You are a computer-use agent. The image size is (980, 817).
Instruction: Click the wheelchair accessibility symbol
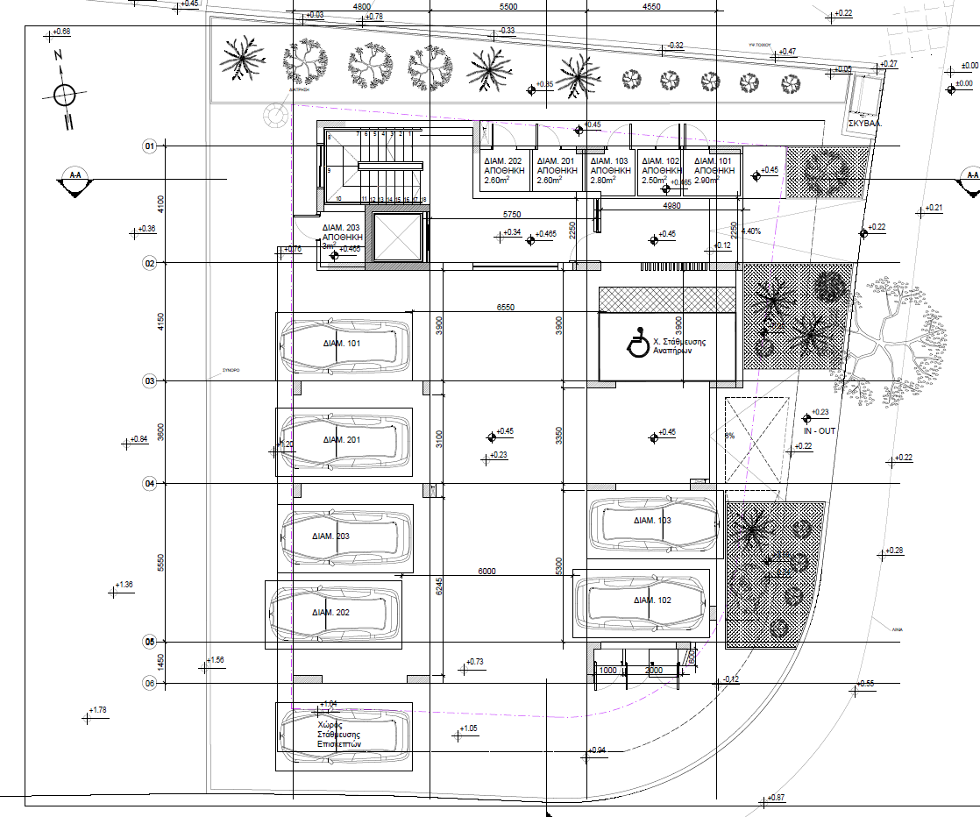coord(639,343)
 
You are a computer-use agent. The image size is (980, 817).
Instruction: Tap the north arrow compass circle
coord(64,94)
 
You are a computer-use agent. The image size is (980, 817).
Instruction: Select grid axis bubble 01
coord(149,146)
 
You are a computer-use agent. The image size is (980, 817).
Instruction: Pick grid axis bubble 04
coord(149,483)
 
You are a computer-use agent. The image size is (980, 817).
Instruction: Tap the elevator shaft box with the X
coord(398,237)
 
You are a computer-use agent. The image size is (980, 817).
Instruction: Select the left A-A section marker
coord(75,175)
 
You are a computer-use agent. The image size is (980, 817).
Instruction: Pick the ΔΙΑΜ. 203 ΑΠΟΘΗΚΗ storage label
coord(337,238)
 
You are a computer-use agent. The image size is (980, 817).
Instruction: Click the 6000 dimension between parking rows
coord(487,571)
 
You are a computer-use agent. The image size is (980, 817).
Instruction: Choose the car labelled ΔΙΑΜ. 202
coord(333,613)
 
